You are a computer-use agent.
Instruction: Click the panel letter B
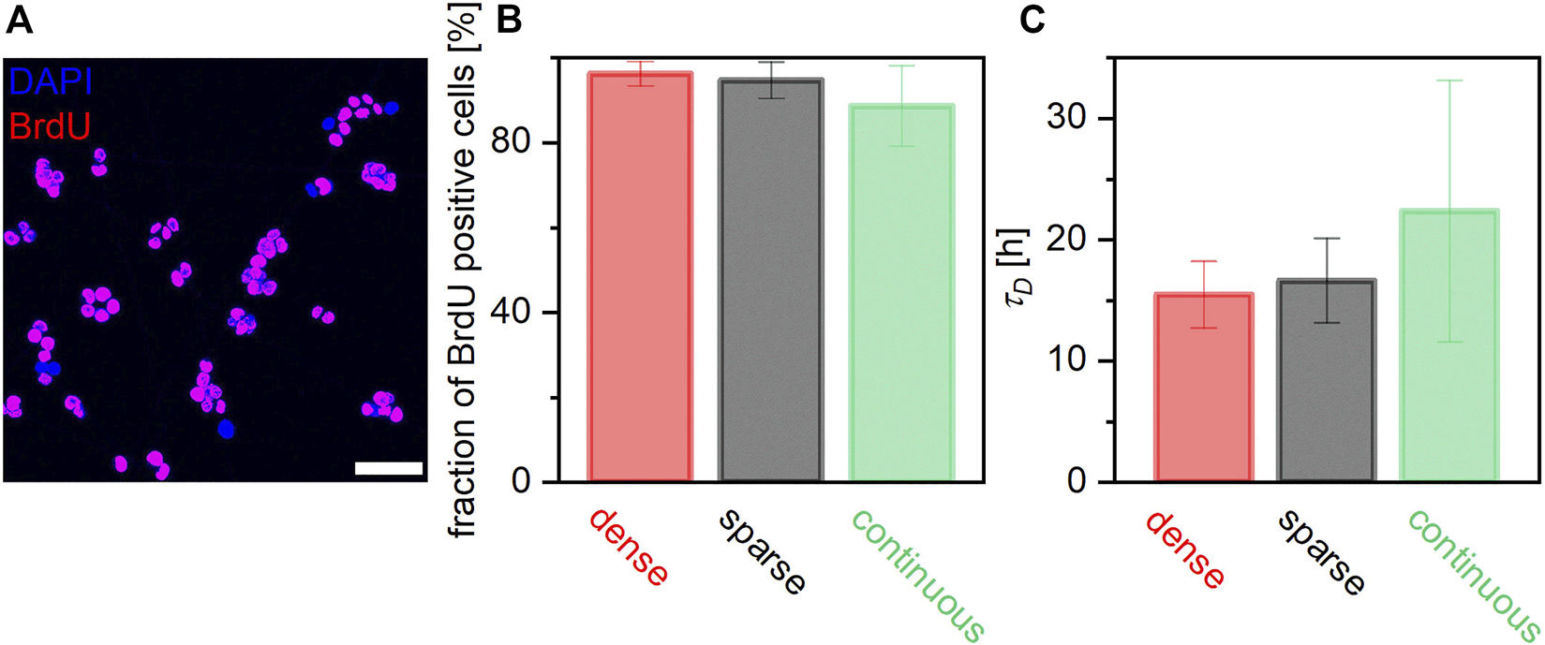[x=509, y=21]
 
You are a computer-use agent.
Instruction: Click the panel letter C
[x=1032, y=21]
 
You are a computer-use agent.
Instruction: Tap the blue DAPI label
[x=52, y=83]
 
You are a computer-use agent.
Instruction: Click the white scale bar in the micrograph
[x=389, y=467]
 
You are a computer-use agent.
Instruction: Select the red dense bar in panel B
[x=640, y=281]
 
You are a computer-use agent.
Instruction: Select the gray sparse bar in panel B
[x=770, y=281]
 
